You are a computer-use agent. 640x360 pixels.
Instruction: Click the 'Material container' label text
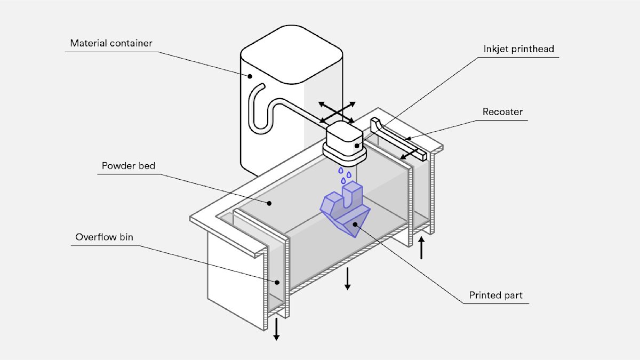pyautogui.click(x=111, y=43)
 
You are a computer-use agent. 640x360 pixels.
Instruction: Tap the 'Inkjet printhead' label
pyautogui.click(x=518, y=49)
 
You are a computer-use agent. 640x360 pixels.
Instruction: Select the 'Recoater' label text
pyautogui.click(x=502, y=111)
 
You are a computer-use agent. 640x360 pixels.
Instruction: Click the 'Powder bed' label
pyautogui.click(x=129, y=166)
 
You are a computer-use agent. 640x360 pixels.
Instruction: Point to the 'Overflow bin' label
pyautogui.click(x=104, y=237)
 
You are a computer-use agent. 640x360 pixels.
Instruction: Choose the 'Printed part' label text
pyautogui.click(x=495, y=295)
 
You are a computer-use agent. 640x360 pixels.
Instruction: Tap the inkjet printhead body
pyautogui.click(x=345, y=143)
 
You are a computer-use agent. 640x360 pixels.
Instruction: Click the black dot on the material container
pyautogui.click(x=250, y=76)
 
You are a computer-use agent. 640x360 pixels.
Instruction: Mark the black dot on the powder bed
pyautogui.click(x=269, y=203)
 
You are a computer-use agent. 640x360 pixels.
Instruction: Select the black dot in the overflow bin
pyautogui.click(x=277, y=282)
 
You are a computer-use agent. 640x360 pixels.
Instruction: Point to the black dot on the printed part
pyautogui.click(x=355, y=225)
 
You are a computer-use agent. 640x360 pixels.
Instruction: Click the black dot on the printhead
pyautogui.click(x=357, y=146)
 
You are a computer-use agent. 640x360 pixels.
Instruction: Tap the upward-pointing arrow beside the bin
pyautogui.click(x=421, y=247)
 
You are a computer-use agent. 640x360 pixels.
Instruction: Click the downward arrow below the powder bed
pyautogui.click(x=347, y=278)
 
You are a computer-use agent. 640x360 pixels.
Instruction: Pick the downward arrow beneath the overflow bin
pyautogui.click(x=276, y=329)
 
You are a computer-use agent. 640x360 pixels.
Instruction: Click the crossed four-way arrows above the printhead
pyautogui.click(x=337, y=113)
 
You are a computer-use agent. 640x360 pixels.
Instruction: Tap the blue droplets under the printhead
pyautogui.click(x=345, y=175)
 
